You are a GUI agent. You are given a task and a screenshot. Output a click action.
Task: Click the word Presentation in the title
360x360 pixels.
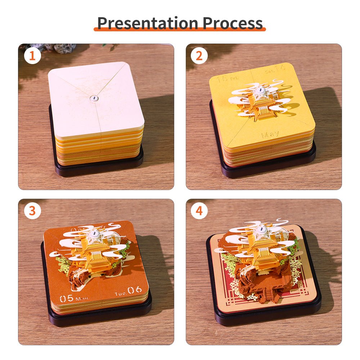pyautogui.click(x=148, y=23)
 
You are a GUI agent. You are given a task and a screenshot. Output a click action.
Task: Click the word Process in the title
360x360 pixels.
pyautogui.click(x=233, y=23)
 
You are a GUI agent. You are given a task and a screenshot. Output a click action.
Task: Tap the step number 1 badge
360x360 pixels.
pyautogui.click(x=32, y=56)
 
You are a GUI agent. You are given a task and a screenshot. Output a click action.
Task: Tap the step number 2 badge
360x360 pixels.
pyautogui.click(x=199, y=56)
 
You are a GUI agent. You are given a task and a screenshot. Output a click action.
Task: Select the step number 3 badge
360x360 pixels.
pyautogui.click(x=32, y=211)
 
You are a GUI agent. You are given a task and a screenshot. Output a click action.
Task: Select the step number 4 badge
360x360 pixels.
pyautogui.click(x=199, y=211)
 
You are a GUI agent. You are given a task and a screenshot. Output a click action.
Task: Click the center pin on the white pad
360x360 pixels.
pyautogui.click(x=94, y=98)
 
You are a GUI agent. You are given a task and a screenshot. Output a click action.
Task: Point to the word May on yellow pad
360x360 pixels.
pyautogui.click(x=270, y=135)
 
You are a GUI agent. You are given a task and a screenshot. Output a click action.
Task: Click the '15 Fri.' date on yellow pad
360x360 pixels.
pyautogui.click(x=225, y=78)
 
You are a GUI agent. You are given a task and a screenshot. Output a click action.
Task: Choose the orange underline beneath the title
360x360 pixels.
pyautogui.click(x=180, y=30)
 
